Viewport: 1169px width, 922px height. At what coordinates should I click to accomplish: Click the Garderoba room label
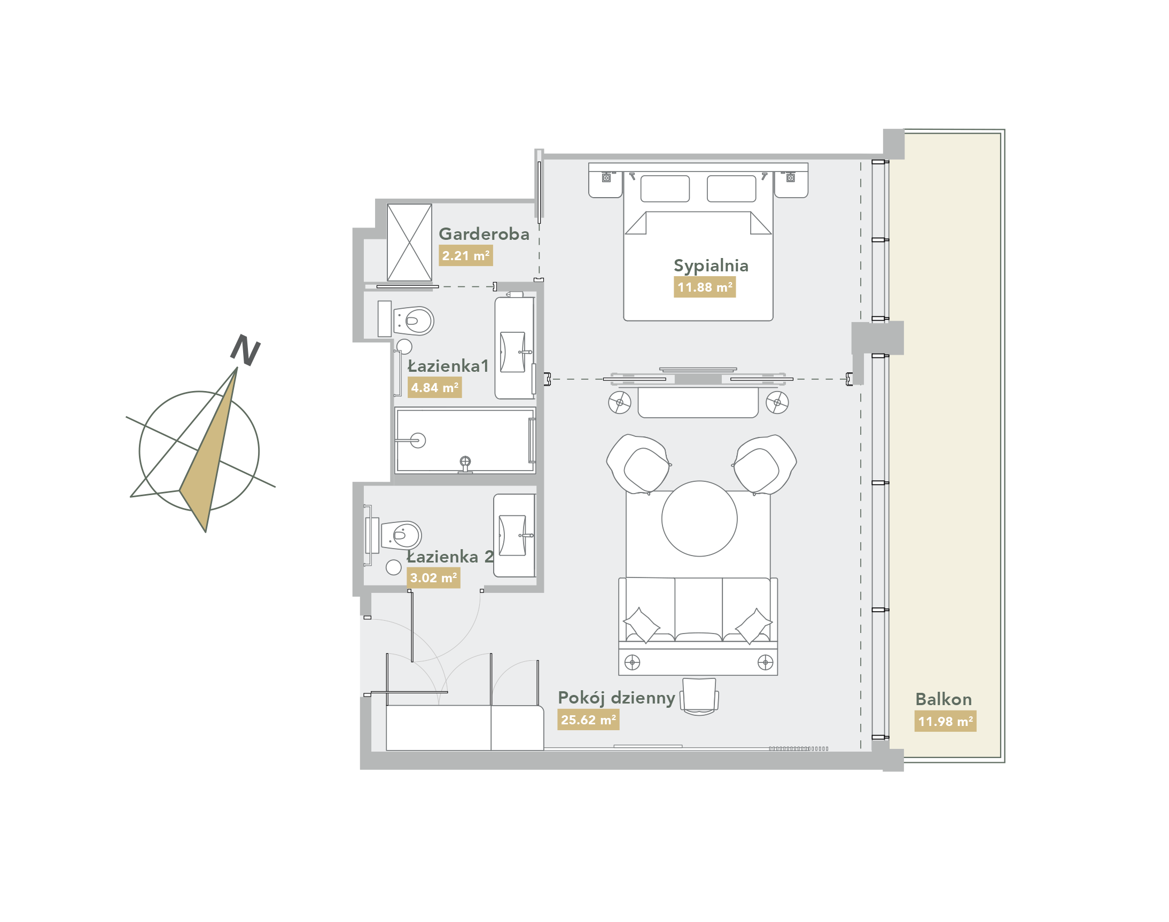(484, 234)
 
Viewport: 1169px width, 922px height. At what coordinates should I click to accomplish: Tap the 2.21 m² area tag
(465, 255)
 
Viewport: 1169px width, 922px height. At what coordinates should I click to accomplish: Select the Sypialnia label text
(711, 266)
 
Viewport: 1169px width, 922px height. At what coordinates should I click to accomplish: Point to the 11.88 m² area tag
(705, 287)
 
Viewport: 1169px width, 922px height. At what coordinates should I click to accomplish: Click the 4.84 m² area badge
(434, 388)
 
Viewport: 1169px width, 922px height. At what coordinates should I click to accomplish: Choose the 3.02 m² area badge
(433, 577)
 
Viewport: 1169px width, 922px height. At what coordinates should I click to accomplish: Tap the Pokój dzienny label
(616, 698)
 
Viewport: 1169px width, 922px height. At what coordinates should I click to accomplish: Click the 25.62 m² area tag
(588, 720)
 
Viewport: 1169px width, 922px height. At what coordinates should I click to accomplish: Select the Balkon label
(944, 699)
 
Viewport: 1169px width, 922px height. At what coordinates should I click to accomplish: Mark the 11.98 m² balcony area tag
(945, 721)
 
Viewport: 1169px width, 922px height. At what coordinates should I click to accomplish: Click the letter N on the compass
(245, 350)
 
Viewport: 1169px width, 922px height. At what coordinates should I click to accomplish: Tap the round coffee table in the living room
(699, 518)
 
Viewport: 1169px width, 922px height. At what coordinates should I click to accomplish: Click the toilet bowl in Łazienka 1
(414, 321)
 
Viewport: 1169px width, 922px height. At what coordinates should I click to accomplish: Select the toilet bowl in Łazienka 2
(401, 535)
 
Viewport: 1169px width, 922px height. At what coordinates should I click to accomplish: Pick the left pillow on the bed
(665, 189)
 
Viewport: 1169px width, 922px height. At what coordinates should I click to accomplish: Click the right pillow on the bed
(731, 189)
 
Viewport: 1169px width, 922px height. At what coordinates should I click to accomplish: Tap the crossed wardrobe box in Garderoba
(409, 243)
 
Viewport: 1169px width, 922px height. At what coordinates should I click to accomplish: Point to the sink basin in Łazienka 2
(512, 535)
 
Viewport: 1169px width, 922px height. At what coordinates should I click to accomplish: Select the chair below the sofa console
(699, 697)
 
